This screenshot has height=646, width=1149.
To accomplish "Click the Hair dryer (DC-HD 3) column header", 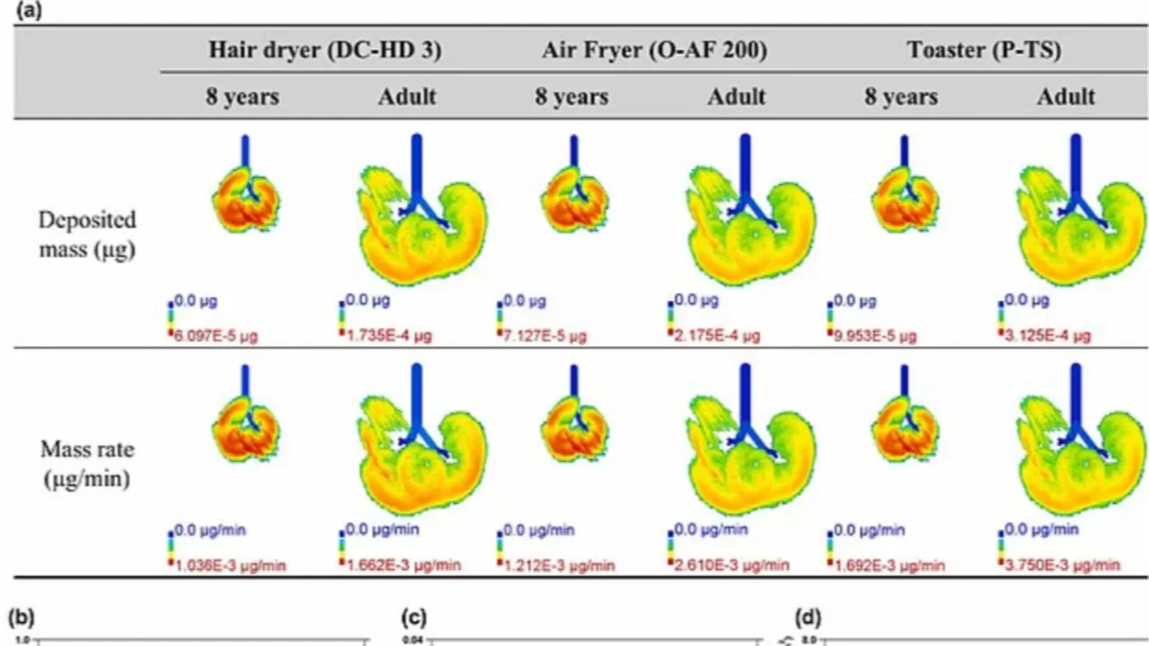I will coord(325,50).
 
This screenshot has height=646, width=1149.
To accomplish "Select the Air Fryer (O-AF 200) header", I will coord(654,50).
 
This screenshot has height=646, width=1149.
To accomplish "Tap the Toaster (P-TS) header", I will coord(984,50).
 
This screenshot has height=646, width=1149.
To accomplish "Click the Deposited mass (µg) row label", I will coord(87,234).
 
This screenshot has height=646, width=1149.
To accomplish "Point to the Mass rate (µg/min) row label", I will coord(87,464).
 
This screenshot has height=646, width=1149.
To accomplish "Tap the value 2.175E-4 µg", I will coord(718,336).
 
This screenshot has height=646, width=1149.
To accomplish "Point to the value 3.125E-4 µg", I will coord(1048,336).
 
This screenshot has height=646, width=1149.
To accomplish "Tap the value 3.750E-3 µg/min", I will coord(1064,565).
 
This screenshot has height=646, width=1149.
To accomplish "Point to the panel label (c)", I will coord(414,617).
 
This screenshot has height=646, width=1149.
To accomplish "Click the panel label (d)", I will coord(808,617).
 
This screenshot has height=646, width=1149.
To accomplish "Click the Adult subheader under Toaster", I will coord(1066,97).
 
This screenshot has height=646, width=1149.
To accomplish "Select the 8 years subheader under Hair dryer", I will coord(242,97).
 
